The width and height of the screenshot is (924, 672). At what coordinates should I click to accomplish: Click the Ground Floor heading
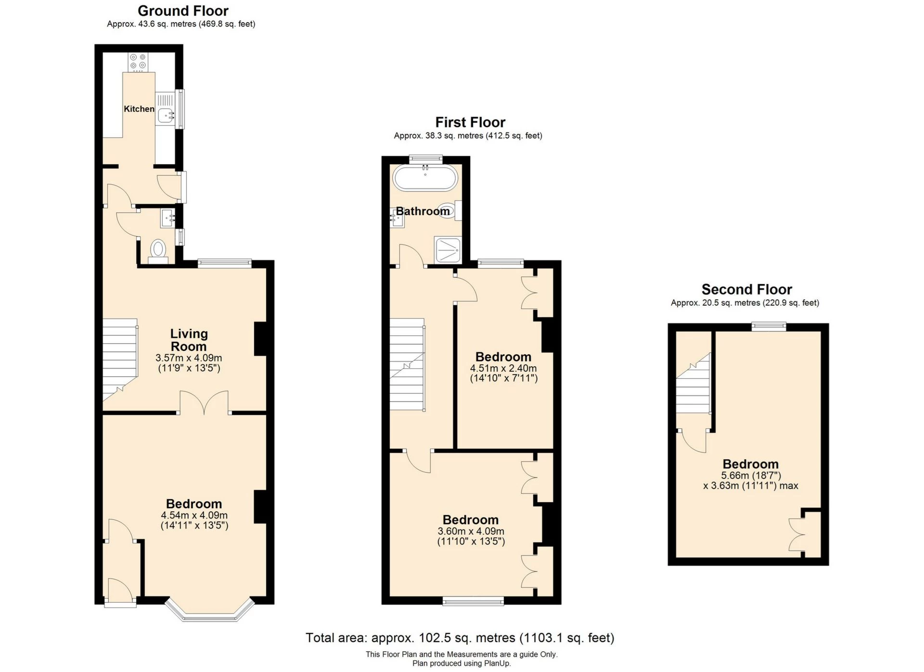pos(183,11)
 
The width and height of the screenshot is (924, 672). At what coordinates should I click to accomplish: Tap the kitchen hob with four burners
pos(138,61)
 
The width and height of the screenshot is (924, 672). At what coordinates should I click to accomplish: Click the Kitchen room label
pos(139,109)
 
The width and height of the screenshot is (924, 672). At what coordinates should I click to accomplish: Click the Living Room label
pos(189,340)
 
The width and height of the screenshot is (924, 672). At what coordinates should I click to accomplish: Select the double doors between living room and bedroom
pos(204,403)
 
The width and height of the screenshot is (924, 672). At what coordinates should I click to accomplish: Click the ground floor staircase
pos(120,359)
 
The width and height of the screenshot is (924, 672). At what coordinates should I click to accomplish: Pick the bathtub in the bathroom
pos(425,178)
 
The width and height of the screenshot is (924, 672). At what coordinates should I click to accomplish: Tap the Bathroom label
pos(423,211)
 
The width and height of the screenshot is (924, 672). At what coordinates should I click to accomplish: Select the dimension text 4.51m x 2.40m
pos(503,368)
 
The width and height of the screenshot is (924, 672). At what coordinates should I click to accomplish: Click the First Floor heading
pos(470,122)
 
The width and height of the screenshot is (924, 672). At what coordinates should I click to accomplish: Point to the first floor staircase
pos(407,364)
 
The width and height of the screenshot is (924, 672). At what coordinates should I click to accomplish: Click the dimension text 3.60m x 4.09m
pos(471,531)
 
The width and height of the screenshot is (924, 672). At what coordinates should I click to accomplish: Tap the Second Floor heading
pos(746,289)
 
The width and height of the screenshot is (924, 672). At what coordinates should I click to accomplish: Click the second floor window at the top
pos(769,327)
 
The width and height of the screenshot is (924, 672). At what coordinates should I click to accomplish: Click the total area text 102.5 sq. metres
pos(460,638)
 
